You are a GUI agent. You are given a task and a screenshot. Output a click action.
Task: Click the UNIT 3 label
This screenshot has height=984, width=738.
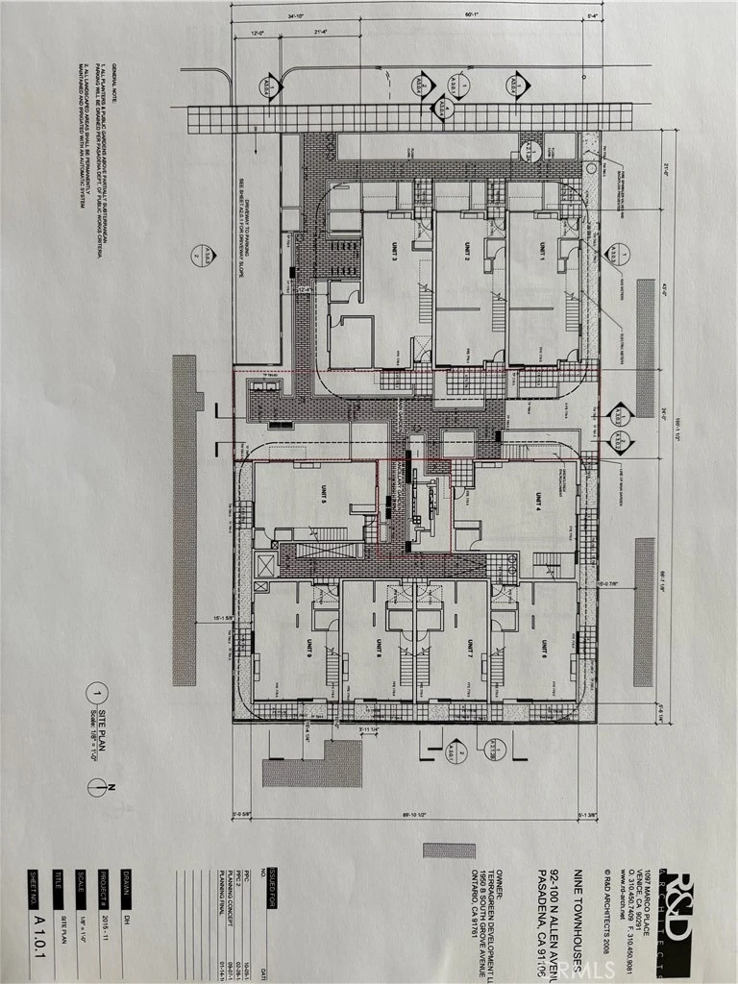pos(395,253)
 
